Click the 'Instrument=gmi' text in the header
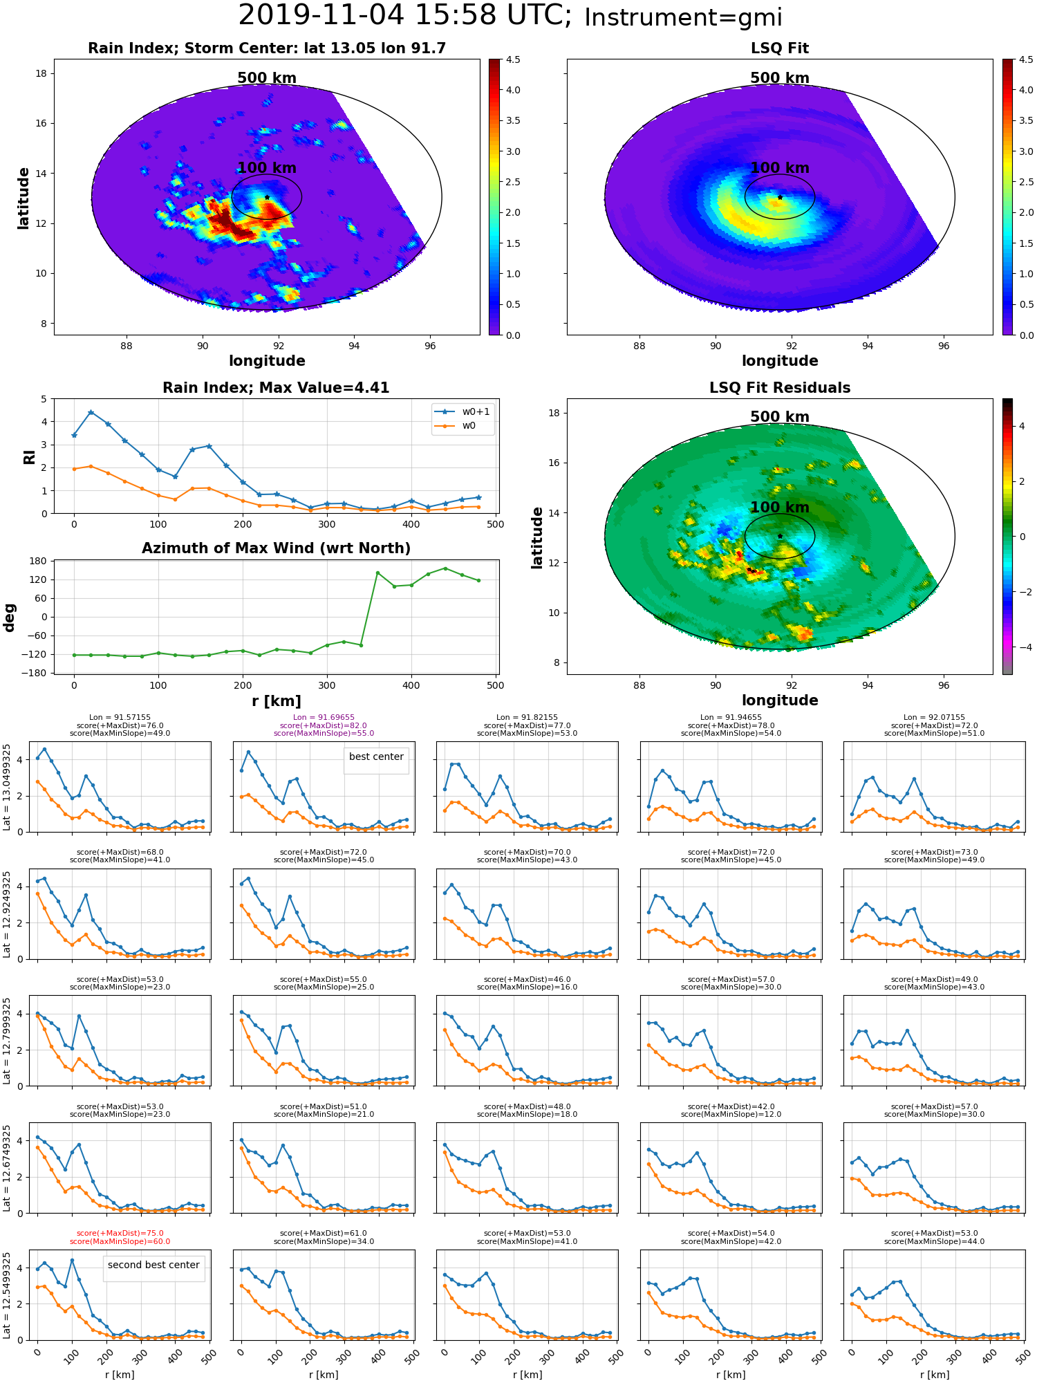[683, 17]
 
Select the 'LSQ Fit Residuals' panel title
[780, 388]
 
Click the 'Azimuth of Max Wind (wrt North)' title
[276, 548]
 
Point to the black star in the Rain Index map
[267, 198]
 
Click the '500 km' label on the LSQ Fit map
[780, 78]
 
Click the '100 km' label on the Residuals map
[780, 508]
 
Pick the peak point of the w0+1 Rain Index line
[91, 412]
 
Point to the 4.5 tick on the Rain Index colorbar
[513, 59]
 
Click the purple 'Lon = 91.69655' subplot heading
[324, 718]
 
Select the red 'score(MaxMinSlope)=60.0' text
[120, 1241]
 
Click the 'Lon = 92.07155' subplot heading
[934, 718]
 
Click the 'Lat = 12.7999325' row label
[7, 1041]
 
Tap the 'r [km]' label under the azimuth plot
[276, 700]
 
